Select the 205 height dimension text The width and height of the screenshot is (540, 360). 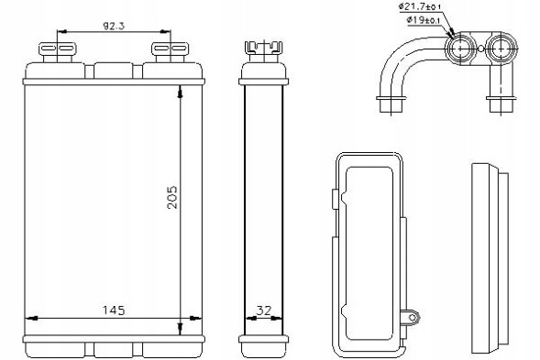[x=172, y=196]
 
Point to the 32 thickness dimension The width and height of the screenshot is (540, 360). [x=263, y=310]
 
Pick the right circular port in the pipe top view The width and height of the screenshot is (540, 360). [x=501, y=48]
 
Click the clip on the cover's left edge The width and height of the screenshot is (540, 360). [x=330, y=195]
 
